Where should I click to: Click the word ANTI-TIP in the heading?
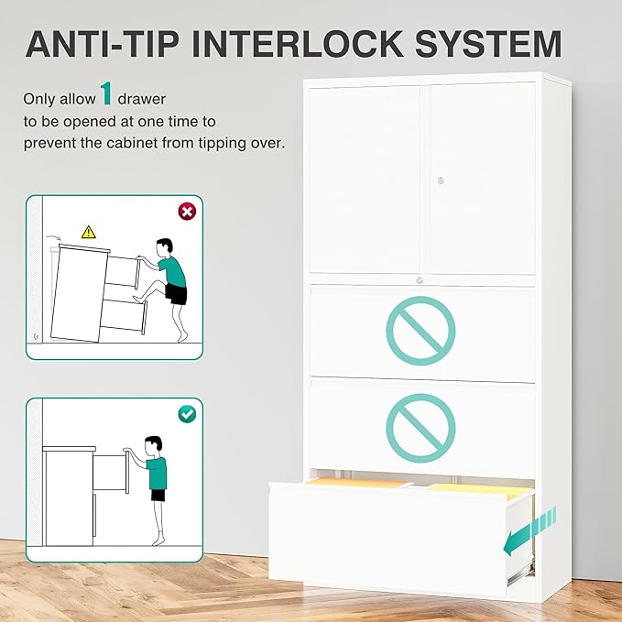click(102, 44)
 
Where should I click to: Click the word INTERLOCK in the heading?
click(298, 44)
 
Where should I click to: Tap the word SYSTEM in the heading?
click(489, 44)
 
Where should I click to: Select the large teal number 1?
click(106, 93)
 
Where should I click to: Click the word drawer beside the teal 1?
click(142, 99)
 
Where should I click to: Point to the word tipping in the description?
click(222, 143)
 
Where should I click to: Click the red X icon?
click(187, 212)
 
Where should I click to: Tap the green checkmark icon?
click(187, 414)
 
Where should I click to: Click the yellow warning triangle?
click(89, 233)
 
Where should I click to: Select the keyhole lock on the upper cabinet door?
click(441, 180)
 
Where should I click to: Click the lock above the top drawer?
click(420, 280)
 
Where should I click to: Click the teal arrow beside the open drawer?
click(529, 531)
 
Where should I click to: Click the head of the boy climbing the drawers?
click(164, 247)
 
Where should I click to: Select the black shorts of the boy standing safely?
click(158, 495)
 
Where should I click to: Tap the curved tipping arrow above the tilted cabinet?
click(53, 237)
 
